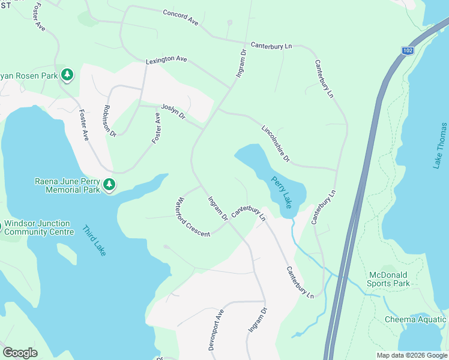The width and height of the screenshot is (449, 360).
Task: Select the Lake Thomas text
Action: (x=441, y=145)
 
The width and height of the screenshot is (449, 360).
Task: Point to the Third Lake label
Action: (x=94, y=240)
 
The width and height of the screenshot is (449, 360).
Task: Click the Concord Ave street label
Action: (x=181, y=16)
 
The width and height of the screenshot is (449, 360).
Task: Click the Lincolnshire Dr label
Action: (x=276, y=143)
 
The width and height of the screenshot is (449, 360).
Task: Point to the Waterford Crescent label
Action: (x=193, y=217)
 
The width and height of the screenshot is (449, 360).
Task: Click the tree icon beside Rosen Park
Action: (x=68, y=75)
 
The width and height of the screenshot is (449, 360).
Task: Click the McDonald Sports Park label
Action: (x=389, y=279)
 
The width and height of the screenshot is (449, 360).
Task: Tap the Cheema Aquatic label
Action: (x=415, y=319)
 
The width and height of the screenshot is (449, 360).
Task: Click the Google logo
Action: (x=20, y=353)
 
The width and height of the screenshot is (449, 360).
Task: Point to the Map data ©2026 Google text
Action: (x=412, y=355)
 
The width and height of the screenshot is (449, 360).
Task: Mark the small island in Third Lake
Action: (x=68, y=254)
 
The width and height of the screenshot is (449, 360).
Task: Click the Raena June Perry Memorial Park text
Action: (x=66, y=185)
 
